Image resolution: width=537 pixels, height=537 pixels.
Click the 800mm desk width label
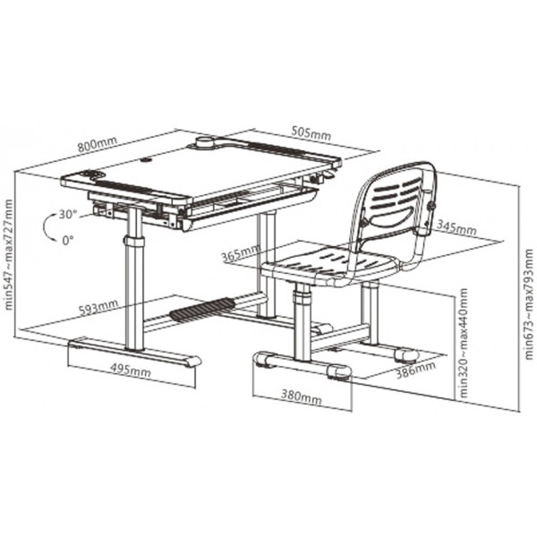[x=98, y=144]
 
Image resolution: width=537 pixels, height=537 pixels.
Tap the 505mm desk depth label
[x=311, y=133]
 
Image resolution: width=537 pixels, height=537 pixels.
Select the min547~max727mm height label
[x=8, y=254]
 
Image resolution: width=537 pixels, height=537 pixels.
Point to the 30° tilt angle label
[x=68, y=215]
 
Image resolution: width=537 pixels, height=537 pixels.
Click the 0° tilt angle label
[x=68, y=241]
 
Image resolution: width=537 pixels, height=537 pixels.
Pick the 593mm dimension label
[x=98, y=307]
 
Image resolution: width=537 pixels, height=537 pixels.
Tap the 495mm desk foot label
[x=130, y=370]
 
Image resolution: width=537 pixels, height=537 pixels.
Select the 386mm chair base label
[x=416, y=370]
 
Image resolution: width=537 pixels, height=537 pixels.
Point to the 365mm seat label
[x=241, y=252]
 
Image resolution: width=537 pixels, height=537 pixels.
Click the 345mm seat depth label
[x=456, y=227]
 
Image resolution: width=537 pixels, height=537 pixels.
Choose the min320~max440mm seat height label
[x=463, y=343]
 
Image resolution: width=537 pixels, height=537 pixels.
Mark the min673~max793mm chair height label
[x=529, y=304]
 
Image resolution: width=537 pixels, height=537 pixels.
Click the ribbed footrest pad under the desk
[x=201, y=310]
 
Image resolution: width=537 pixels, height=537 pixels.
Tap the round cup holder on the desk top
[x=205, y=142]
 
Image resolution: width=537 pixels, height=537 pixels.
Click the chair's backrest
[x=394, y=209]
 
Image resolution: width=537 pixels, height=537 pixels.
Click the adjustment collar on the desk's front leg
[x=134, y=240]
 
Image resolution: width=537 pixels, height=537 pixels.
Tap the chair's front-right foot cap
[x=339, y=372]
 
